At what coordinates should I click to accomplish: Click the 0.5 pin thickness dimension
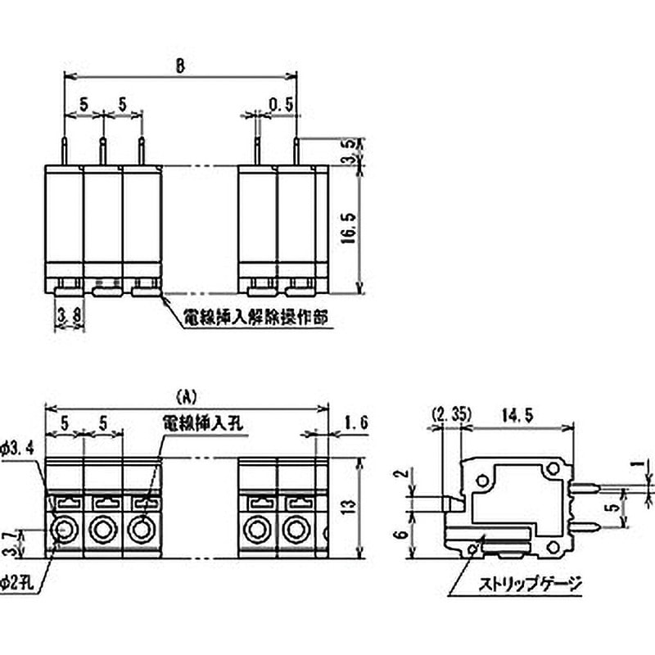[x=281, y=104]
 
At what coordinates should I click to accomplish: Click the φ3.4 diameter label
[x=18, y=448]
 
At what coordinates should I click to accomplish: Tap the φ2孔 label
[x=17, y=583]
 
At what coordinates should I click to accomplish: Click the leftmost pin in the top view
[x=64, y=151]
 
